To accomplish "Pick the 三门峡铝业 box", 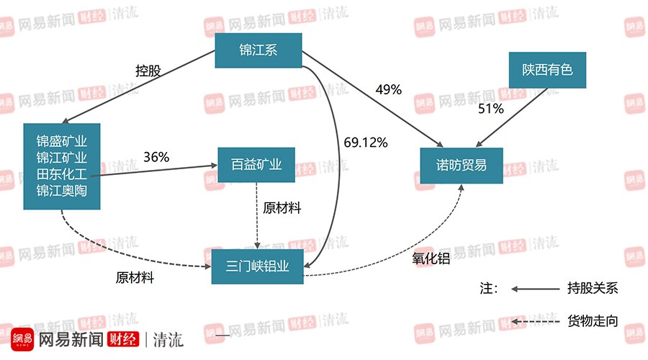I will [x=257, y=266].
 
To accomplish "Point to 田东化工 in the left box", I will [x=61, y=174].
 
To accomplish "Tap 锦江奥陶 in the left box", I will [x=61, y=192].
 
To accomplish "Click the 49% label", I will [x=389, y=90].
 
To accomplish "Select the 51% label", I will [x=491, y=109].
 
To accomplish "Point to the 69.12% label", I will [x=366, y=143].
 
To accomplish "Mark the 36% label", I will [x=156, y=156].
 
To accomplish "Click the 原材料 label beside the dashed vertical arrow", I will [x=282, y=208].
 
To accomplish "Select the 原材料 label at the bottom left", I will [x=135, y=278].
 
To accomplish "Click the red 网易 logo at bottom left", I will [x=22, y=339].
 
